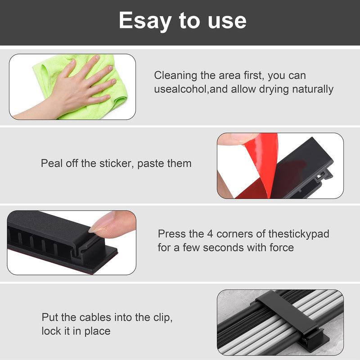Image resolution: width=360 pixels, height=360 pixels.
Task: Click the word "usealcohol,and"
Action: tap(191, 89)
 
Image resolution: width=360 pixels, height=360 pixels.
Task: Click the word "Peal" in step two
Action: tap(51, 163)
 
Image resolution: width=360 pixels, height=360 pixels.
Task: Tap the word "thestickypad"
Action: tap(299, 234)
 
